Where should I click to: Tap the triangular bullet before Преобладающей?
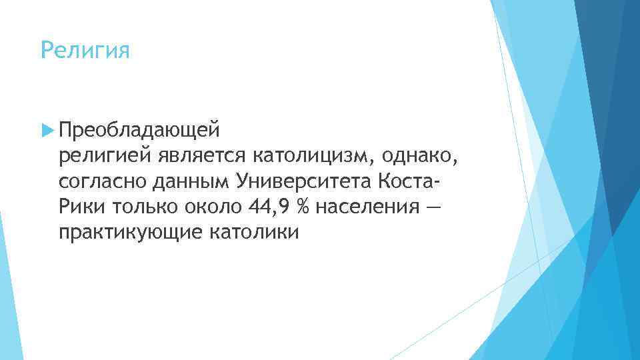47,128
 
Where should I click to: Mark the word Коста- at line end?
409,181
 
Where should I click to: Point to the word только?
141,207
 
